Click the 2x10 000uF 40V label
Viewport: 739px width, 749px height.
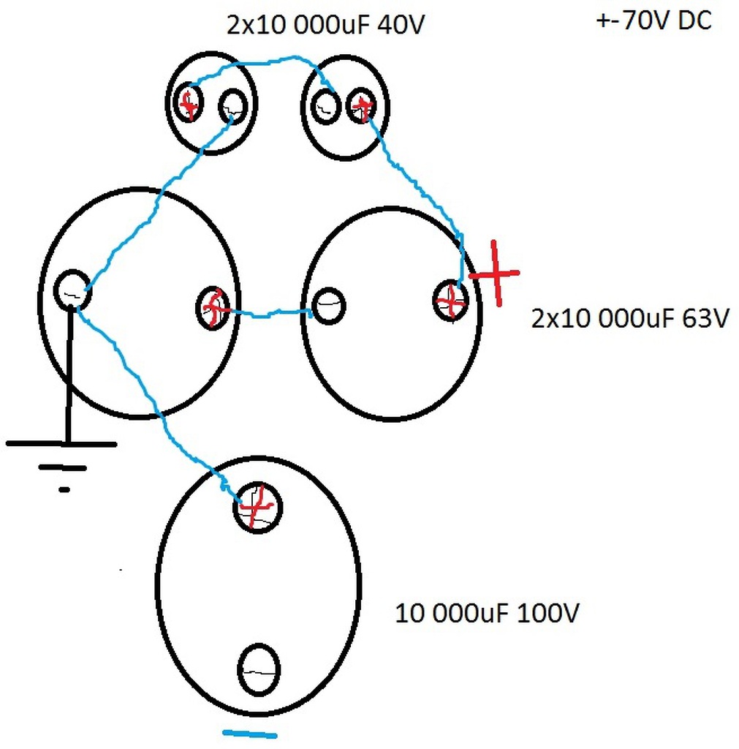[x=325, y=26]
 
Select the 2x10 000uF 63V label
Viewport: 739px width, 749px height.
[x=629, y=319]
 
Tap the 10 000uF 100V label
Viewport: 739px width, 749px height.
[x=488, y=613]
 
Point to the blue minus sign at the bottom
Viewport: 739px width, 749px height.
[x=250, y=734]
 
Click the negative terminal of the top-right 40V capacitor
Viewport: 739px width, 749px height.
[x=326, y=107]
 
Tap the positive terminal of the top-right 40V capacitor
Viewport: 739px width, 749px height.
[x=361, y=107]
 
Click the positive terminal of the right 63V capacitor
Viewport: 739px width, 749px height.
[x=450, y=300]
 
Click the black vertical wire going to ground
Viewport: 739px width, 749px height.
[x=69, y=373]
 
